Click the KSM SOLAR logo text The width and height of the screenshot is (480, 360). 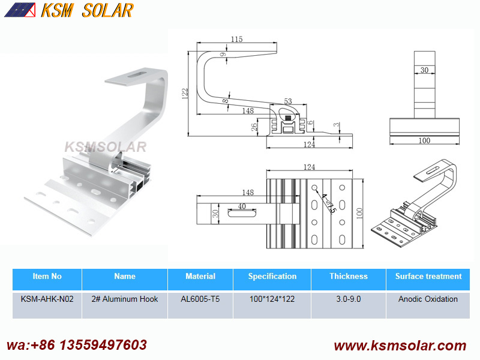[x=87, y=10]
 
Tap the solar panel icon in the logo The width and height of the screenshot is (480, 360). [x=20, y=10]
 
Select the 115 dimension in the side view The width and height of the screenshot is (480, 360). [x=236, y=39]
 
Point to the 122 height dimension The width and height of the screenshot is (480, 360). [x=185, y=94]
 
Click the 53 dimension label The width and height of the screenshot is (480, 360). [x=288, y=101]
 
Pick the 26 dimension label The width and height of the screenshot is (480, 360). [x=254, y=127]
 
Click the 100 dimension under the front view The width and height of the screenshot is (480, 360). [x=424, y=140]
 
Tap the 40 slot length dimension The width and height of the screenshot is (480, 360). [x=242, y=206]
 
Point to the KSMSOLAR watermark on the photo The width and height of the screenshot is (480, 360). [x=106, y=147]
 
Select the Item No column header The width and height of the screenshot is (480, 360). [x=47, y=276]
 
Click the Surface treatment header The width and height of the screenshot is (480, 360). [x=428, y=276]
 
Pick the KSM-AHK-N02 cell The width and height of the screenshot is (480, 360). [x=47, y=299]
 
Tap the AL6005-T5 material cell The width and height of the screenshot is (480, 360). [x=200, y=299]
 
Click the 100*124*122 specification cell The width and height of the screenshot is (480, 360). [x=272, y=299]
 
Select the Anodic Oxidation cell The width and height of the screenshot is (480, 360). [x=428, y=299]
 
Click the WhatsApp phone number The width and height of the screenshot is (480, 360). [x=77, y=345]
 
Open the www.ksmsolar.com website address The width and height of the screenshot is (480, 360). [x=400, y=346]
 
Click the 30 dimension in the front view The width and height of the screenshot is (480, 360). [x=424, y=70]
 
